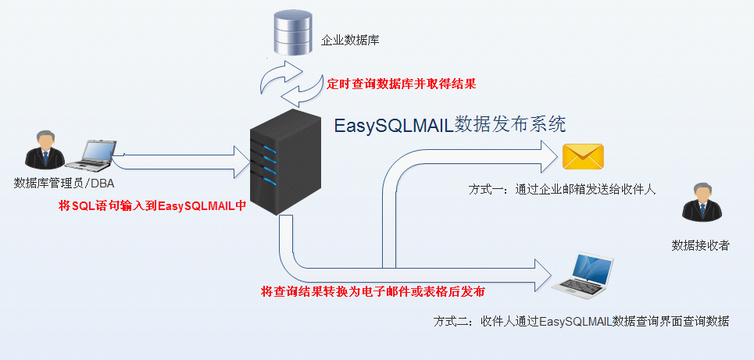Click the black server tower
[284, 165]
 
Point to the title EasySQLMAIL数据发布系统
[449, 125]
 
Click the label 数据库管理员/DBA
[65, 184]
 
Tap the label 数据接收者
[701, 245]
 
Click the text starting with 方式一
[562, 190]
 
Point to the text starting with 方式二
[581, 321]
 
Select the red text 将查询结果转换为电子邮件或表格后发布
[373, 291]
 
